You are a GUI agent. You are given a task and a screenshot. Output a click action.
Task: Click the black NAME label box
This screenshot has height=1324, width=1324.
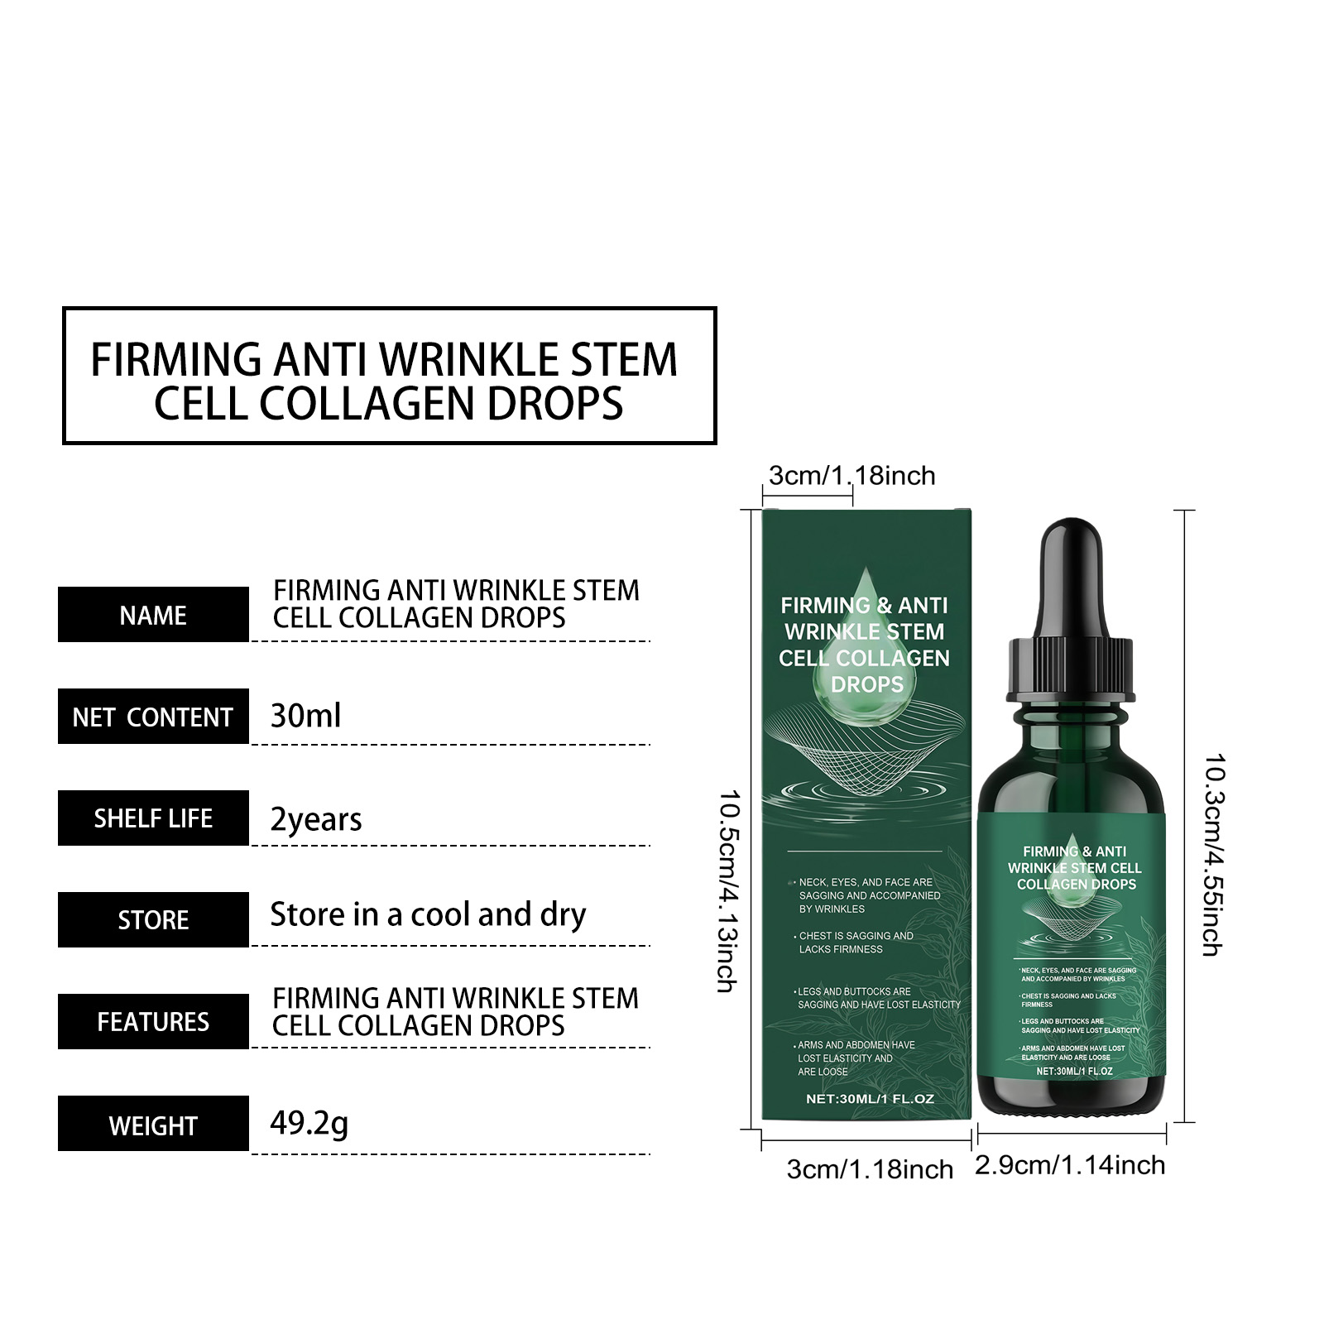click(x=153, y=615)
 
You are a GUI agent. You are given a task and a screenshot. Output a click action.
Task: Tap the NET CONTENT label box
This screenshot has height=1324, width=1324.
click(x=153, y=717)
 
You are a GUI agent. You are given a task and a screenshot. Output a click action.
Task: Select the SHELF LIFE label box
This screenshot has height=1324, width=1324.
click(x=153, y=818)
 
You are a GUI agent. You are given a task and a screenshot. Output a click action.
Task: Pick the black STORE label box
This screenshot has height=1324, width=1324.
click(x=153, y=920)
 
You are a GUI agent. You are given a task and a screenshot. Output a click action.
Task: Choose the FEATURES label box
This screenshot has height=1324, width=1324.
click(x=153, y=1022)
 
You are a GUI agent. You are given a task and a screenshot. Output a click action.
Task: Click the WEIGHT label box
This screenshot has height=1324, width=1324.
click(x=153, y=1124)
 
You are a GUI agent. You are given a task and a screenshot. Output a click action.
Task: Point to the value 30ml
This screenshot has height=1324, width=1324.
click(x=305, y=716)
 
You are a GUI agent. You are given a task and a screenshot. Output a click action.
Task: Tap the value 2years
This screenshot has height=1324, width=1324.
click(x=316, y=819)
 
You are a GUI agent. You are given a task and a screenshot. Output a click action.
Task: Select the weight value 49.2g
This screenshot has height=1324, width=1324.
click(x=309, y=1124)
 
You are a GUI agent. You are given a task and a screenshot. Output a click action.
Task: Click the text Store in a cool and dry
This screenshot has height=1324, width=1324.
click(x=428, y=915)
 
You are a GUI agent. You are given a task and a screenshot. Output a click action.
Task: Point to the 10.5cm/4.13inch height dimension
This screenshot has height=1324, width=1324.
click(x=727, y=891)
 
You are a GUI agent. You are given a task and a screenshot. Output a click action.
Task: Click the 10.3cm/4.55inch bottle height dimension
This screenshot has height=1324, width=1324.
click(x=1213, y=855)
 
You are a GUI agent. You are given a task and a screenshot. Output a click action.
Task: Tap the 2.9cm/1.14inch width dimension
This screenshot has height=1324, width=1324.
click(x=1070, y=1165)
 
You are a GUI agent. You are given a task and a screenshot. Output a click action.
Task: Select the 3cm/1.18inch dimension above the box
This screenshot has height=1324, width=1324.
click(x=851, y=476)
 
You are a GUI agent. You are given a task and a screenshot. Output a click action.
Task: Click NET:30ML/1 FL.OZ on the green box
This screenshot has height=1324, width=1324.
click(x=870, y=1099)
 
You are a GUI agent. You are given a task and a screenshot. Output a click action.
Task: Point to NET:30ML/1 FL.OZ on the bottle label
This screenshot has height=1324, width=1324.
click(x=1074, y=1072)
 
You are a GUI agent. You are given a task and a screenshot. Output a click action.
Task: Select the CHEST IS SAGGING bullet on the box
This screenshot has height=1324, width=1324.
click(x=855, y=943)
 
